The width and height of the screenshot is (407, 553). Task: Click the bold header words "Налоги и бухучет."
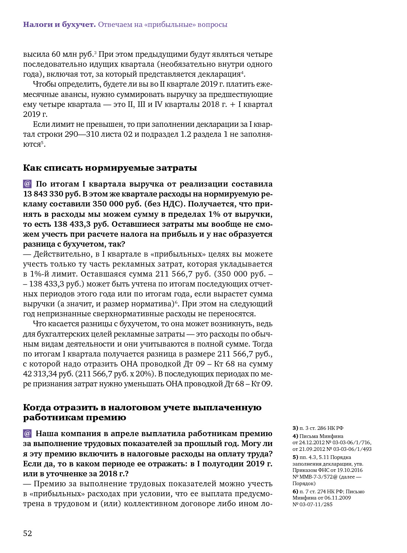[59, 25]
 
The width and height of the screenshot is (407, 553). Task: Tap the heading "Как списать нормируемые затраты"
[110, 168]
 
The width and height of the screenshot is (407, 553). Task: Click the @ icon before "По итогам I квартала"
[27, 184]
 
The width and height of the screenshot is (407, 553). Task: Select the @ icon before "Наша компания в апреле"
[27, 433]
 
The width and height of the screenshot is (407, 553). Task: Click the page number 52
[28, 533]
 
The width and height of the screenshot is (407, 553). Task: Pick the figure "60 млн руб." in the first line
[72, 54]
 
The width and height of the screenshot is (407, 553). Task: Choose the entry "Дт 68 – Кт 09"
[248, 384]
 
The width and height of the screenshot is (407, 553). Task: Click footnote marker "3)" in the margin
[295, 428]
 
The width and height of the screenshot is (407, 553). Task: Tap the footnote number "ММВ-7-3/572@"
[321, 477]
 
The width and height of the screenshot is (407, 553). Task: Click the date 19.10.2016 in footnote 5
[350, 470]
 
